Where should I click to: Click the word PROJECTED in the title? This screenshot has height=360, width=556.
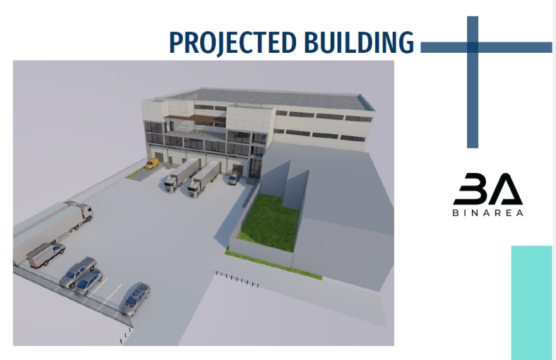pos(233,43)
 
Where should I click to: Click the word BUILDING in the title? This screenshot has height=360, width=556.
pos(359,42)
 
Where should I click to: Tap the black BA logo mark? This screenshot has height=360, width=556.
pos(488,189)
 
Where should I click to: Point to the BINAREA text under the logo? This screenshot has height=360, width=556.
pos(488,213)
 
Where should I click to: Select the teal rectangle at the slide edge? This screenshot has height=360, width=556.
pos(532,302)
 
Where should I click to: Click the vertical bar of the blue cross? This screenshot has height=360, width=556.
pos(473,81)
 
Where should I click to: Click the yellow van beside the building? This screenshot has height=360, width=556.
pos(152,163)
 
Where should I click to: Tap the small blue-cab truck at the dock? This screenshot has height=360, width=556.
pos(234,177)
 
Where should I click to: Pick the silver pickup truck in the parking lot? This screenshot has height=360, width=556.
pos(77,272)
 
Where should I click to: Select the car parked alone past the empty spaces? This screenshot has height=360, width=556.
pos(135,299)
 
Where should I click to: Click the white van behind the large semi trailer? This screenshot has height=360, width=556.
pos(45,254)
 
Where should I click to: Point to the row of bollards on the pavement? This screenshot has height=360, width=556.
pos(236,279)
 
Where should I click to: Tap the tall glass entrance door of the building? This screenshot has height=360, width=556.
pos(255,167)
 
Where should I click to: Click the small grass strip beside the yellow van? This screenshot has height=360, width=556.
pos(135,173)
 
